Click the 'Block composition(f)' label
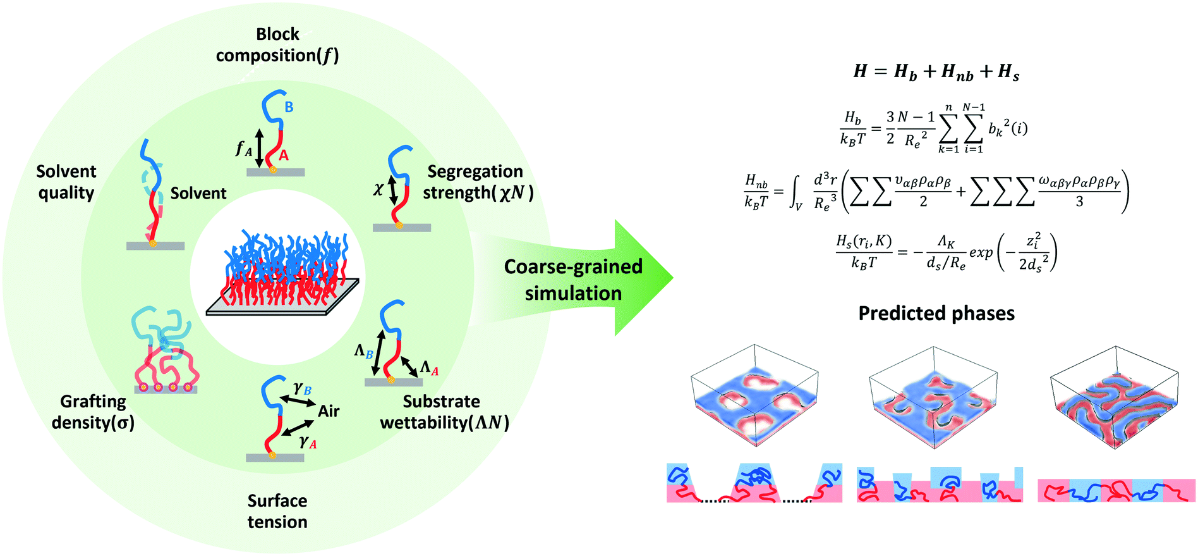(x=277, y=45)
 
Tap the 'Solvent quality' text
(x=66, y=182)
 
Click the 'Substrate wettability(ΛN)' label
(x=444, y=412)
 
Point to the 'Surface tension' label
(x=277, y=511)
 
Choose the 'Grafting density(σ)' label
(x=93, y=412)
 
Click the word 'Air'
(x=329, y=411)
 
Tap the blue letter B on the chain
(x=289, y=107)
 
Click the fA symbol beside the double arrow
(x=243, y=149)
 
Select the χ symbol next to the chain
(x=378, y=188)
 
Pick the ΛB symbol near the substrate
(x=363, y=351)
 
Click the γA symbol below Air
(x=308, y=442)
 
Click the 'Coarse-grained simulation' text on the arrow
(x=573, y=280)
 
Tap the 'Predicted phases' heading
(x=936, y=314)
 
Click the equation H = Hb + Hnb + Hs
(x=936, y=71)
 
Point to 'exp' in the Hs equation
(x=981, y=252)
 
